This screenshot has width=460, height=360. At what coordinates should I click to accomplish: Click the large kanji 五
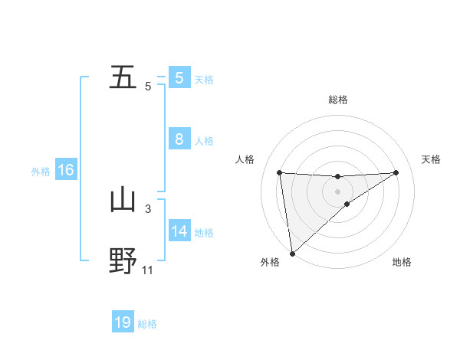coord(123,77)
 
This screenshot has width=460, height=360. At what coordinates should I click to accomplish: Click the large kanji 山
coord(123,200)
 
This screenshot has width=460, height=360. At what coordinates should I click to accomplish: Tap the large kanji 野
coord(123,260)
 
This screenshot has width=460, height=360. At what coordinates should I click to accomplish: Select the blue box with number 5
coord(179,78)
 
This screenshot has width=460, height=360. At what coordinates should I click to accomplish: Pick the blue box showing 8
coord(179,139)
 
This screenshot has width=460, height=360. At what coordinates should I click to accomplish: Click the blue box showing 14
coord(179,231)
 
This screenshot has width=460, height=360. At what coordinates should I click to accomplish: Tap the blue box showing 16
coord(65,170)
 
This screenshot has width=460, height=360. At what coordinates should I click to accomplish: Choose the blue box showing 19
coord(123,322)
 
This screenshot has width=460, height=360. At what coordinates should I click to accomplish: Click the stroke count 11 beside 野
coord(148,270)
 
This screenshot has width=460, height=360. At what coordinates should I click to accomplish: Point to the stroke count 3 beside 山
coord(148,208)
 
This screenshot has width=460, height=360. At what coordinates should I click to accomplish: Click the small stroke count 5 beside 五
coord(148,86)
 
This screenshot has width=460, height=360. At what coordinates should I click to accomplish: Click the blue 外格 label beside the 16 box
coord(41,171)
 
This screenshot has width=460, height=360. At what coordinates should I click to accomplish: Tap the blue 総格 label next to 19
coord(147,324)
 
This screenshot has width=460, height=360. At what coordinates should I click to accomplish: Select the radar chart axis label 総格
coord(337,100)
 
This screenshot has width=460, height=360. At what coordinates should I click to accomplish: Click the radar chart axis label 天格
coord(432,159)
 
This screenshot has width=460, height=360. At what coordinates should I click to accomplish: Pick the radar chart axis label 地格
coord(402,263)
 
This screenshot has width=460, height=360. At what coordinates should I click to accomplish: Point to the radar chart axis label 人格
coord(245,159)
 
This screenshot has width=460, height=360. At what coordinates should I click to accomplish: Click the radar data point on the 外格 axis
coord(292,254)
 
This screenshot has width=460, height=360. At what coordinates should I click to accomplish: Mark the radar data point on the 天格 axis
coord(396,172)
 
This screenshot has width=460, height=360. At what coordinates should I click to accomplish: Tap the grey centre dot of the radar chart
coord(337,191)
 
